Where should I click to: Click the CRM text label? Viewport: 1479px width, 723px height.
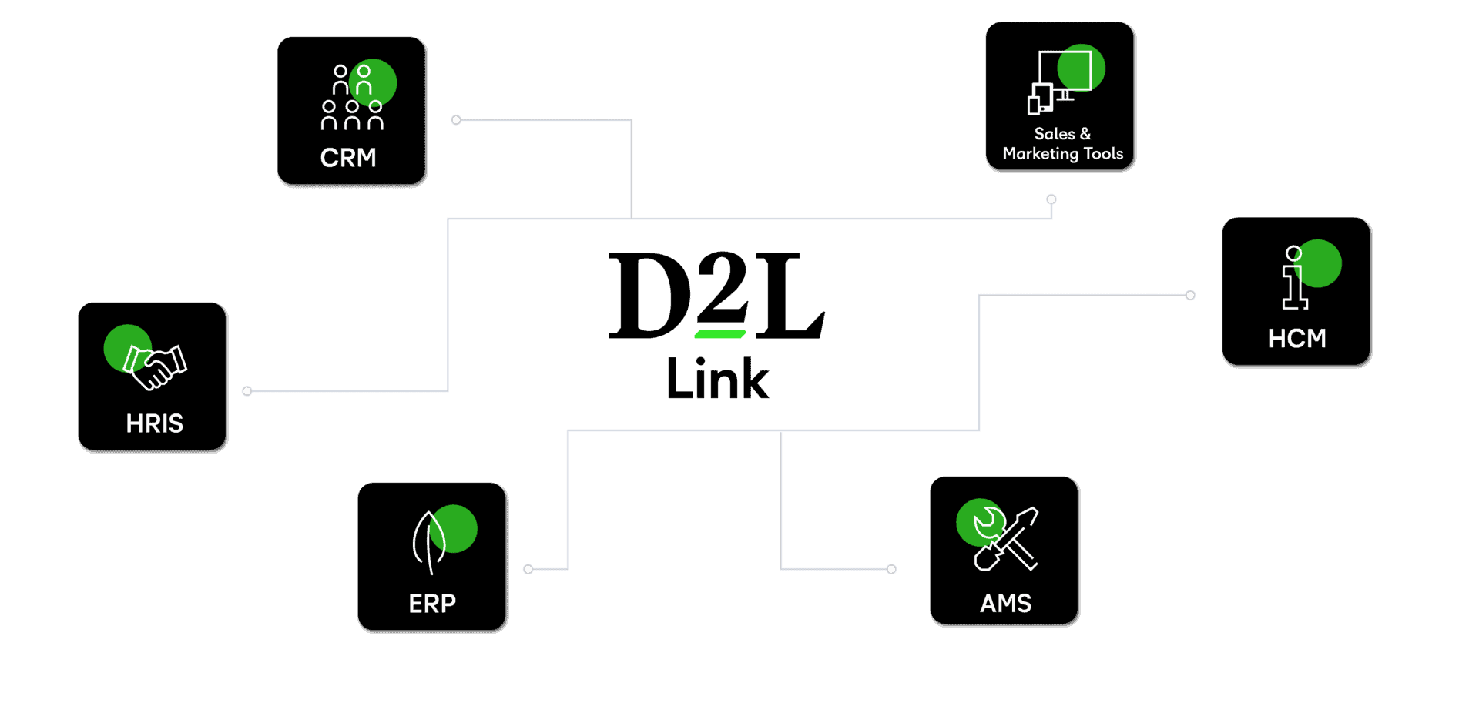[348, 158]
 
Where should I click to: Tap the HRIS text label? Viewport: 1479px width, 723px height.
[155, 423]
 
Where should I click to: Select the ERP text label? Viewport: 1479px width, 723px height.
[432, 604]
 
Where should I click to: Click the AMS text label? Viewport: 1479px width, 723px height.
[1005, 604]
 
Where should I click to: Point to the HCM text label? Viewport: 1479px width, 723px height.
[1297, 339]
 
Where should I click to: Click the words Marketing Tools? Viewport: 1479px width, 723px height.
[1063, 154]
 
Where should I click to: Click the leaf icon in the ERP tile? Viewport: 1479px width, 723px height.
[429, 542]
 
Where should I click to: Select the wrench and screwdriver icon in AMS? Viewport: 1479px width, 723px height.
[1005, 538]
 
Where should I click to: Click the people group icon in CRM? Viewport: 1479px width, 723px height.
[352, 97]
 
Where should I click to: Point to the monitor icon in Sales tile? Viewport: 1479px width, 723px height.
[1060, 82]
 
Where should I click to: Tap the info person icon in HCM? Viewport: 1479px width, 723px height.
[1294, 277]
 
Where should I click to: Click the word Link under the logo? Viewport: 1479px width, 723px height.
[717, 378]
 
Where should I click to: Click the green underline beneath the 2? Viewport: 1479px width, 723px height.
[720, 334]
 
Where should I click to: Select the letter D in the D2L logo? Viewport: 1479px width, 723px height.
[650, 296]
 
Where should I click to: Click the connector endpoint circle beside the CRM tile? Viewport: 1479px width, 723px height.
[456, 120]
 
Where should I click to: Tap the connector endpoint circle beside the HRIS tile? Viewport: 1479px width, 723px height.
[247, 391]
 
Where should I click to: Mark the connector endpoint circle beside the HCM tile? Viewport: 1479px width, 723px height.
[1190, 295]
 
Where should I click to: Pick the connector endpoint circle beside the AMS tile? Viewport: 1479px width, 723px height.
[891, 569]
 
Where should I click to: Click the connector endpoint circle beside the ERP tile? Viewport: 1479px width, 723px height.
[528, 569]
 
